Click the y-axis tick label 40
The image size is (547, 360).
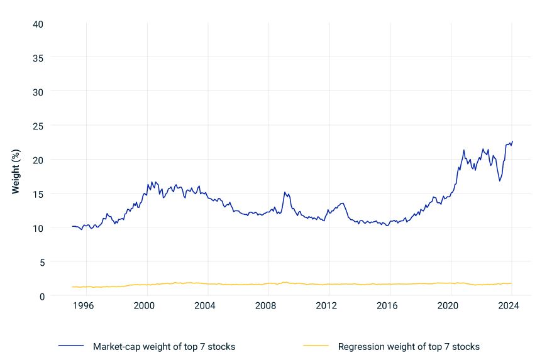pos(38,24)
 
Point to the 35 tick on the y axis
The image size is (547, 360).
pos(38,58)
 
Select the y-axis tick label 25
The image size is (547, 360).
pos(38,126)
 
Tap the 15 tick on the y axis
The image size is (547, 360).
pos(38,194)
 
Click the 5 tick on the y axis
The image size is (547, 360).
pos(40,262)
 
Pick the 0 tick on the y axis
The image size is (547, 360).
pos(40,296)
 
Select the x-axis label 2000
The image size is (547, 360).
pos(145,306)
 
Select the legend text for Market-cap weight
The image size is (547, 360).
pos(163,347)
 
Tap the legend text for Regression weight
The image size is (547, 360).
pos(409,347)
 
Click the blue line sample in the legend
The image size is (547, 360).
pos(71,347)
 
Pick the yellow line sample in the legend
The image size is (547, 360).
pos(316,347)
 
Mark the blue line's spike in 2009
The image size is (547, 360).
pos(285,192)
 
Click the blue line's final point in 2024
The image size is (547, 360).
pos(512,141)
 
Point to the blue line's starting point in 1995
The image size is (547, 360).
pos(72,226)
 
